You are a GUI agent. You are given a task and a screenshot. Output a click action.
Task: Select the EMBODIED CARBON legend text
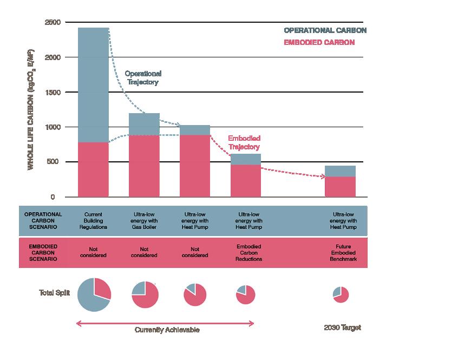click(319, 42)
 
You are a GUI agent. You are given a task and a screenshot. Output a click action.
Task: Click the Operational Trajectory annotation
click(143, 77)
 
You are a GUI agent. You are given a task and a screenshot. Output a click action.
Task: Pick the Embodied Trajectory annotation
click(244, 142)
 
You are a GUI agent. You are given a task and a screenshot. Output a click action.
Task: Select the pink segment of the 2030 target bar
click(339, 186)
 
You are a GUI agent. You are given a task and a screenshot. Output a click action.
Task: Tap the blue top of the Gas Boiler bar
click(144, 124)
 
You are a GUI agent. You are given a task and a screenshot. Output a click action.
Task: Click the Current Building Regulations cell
click(93, 221)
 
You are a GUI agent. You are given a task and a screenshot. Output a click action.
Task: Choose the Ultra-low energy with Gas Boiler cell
click(144, 221)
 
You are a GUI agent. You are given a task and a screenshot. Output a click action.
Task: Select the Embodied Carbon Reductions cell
click(249, 252)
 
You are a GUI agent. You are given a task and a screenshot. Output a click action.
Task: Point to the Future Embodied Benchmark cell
click(343, 252)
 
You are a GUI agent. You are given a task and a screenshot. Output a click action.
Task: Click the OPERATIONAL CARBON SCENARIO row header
click(43, 221)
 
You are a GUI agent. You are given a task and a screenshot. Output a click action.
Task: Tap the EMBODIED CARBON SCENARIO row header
click(43, 252)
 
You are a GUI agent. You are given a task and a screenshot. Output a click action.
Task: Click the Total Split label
click(54, 293)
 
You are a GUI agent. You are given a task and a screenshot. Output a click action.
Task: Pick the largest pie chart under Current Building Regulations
click(94, 294)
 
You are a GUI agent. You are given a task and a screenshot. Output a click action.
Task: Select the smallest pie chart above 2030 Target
click(341, 294)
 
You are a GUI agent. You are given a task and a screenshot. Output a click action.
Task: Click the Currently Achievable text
click(167, 330)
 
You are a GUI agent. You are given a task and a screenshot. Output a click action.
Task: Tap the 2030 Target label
click(342, 328)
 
